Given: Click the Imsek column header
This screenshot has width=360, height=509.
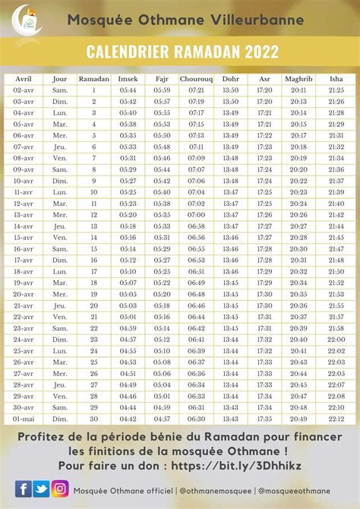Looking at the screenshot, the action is pyautogui.click(x=128, y=78).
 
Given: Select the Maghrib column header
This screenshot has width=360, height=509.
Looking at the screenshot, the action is pyautogui.click(x=298, y=78).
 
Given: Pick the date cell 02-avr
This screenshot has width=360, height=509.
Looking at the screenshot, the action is pyautogui.click(x=24, y=90).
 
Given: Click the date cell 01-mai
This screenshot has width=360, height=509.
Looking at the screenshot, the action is pyautogui.click(x=24, y=419).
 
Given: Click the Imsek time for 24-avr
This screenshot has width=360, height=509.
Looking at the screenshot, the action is pyautogui.click(x=128, y=340).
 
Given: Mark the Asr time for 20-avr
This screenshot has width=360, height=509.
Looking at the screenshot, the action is pyautogui.click(x=264, y=294).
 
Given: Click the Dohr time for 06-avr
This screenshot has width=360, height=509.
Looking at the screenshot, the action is pyautogui.click(x=231, y=135).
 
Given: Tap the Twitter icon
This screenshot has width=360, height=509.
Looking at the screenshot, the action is pyautogui.click(x=42, y=489).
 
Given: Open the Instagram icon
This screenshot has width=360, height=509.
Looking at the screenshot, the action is pyautogui.click(x=61, y=489).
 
